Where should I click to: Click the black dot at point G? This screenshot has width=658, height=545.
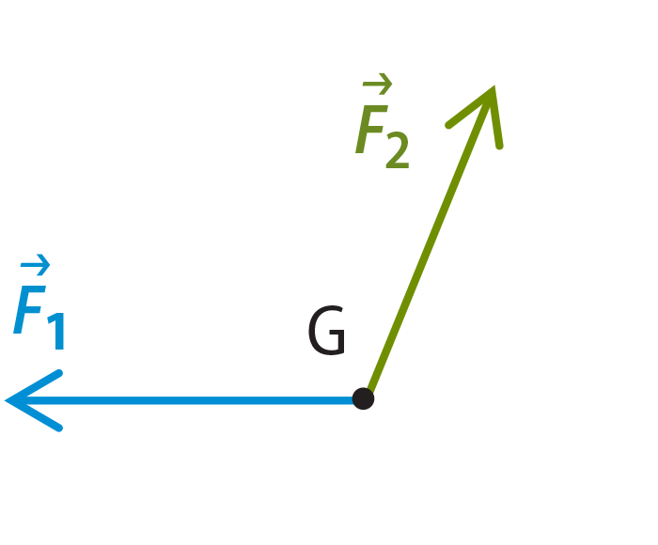point(363,398)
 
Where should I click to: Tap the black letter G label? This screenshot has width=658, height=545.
point(326,330)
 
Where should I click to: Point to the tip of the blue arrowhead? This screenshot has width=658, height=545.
point(5,400)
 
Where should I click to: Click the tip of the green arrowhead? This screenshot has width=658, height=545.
point(493,86)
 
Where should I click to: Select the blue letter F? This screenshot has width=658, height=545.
point(29,310)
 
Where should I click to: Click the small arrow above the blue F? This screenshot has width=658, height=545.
point(36,265)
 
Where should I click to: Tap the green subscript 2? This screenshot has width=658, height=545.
point(397,150)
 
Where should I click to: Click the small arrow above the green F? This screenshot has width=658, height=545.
point(377,84)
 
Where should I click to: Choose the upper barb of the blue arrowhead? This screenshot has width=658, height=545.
point(33,386)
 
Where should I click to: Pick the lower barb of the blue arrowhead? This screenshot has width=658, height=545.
point(33,414)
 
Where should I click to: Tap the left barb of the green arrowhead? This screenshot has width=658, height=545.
point(470,106)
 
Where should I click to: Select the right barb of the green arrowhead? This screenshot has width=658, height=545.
point(497,117)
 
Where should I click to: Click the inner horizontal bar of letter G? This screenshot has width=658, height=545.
point(337,333)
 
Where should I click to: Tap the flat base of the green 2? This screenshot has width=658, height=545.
point(397,165)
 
